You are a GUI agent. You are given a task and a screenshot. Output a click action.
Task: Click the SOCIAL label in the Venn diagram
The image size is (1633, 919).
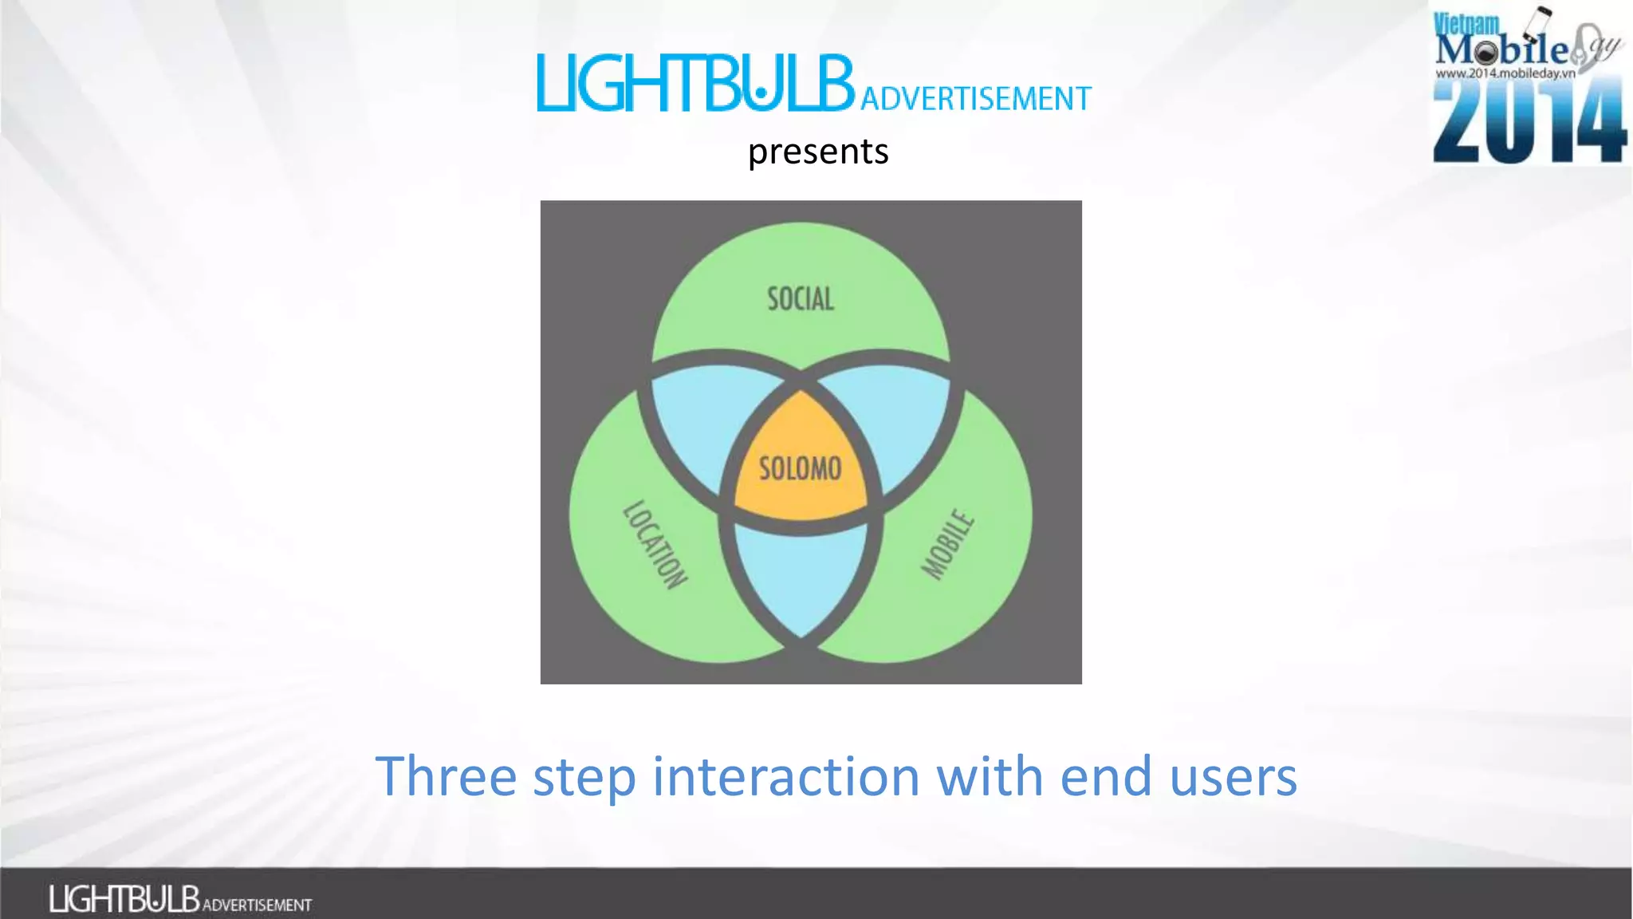point(801,299)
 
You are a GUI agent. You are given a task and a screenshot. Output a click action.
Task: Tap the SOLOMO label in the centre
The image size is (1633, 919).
point(800,468)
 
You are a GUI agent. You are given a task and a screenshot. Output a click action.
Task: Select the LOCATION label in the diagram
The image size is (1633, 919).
point(655,545)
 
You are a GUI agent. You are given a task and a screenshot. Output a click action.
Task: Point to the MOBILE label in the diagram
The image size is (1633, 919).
point(948,544)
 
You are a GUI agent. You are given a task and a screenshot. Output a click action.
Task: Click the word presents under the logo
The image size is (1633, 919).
point(818,152)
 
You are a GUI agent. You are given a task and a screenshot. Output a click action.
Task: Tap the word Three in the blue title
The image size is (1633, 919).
point(446,776)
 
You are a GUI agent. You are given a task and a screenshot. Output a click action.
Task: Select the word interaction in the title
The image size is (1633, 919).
point(786,776)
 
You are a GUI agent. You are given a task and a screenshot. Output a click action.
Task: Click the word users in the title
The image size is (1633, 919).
point(1233,776)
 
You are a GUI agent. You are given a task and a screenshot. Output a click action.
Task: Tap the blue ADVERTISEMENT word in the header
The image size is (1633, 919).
point(975,99)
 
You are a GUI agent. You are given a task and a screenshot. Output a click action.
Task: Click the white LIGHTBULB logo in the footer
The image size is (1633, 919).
point(124,899)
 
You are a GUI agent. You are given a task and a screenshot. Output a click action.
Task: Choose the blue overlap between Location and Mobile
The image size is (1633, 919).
point(801,578)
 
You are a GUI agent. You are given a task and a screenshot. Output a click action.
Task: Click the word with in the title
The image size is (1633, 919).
point(989,776)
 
